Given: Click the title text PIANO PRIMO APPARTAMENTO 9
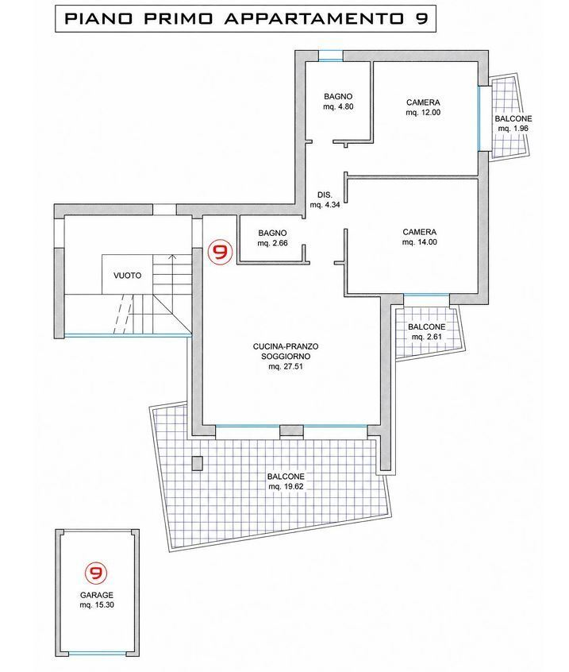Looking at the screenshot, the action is (246, 19).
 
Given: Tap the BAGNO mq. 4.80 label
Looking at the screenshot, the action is (338, 102).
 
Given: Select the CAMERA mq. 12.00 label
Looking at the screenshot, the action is (423, 107).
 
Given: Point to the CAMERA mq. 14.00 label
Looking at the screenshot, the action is (420, 237).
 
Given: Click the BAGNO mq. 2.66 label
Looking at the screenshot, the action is (272, 238).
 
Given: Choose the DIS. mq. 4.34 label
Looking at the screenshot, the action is (325, 199).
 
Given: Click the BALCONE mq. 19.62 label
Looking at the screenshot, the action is (286, 481).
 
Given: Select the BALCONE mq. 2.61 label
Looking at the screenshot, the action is (426, 332).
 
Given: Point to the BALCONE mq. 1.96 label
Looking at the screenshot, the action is (513, 123).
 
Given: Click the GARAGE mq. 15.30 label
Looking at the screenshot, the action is (97, 600).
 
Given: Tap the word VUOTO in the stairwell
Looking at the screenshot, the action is (127, 276).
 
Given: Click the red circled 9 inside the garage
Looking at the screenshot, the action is (96, 573).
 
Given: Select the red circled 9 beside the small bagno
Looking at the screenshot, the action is (220, 252).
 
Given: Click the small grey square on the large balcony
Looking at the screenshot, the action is (197, 464).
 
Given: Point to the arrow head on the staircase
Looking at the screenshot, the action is (172, 257).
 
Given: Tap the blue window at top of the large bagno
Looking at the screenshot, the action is (331, 56).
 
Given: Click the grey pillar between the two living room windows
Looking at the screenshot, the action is (291, 431).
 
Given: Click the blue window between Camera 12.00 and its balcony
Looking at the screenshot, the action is (479, 118).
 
